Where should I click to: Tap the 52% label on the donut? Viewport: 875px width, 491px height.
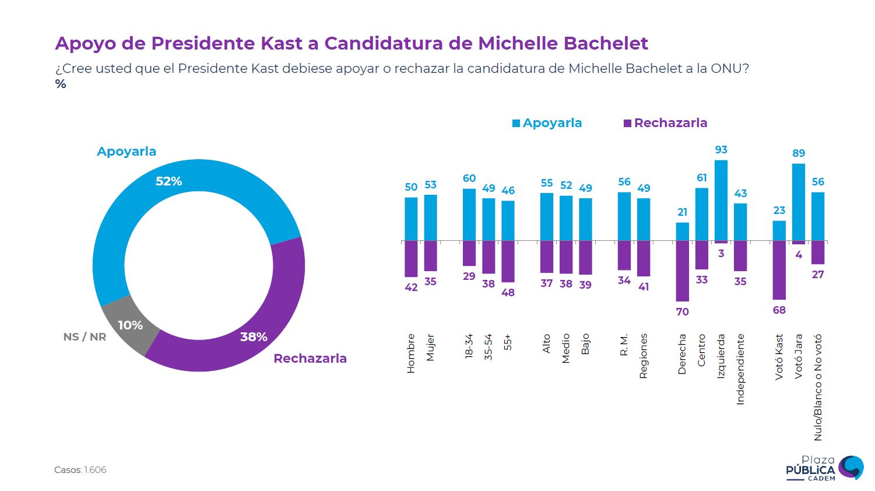(x=168, y=181)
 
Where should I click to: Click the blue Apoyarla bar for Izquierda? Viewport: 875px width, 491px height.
(x=721, y=200)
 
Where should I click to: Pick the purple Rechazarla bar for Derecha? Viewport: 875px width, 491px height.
(x=683, y=271)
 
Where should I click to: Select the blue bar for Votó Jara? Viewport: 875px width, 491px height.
(x=799, y=202)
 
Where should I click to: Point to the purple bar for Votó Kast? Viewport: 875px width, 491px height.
(x=779, y=270)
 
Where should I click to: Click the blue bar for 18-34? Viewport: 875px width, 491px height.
(x=469, y=215)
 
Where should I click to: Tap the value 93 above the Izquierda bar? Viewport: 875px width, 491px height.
(x=721, y=150)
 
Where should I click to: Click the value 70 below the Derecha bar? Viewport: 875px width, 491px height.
(x=683, y=312)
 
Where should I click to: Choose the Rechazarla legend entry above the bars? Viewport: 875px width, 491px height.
(x=665, y=123)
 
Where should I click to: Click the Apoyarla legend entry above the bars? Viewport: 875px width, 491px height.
(x=547, y=123)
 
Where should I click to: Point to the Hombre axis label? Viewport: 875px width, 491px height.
(x=411, y=353)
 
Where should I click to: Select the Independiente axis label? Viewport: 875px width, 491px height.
(x=740, y=369)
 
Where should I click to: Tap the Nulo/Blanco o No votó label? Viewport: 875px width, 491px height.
(x=818, y=387)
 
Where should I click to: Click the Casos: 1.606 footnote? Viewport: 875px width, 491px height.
(x=80, y=470)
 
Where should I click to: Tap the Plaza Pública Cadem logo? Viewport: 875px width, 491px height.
(x=824, y=468)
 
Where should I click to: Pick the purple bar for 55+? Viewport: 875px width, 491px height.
(x=508, y=261)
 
